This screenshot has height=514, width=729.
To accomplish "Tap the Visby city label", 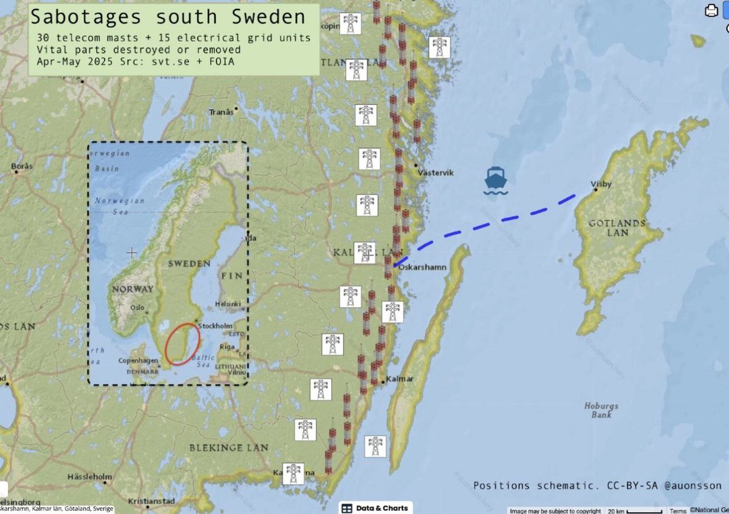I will point(601,184).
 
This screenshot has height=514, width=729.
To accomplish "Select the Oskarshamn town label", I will point(426,267).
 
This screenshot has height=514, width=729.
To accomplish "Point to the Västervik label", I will point(436,173).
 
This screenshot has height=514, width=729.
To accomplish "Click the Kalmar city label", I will point(400,379).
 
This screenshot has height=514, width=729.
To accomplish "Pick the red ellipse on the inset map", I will point(182,344).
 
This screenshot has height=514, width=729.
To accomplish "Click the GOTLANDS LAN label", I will point(617,228).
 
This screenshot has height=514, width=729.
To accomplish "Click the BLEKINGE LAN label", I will point(228,448).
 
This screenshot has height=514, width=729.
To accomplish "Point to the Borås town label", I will point(22,166).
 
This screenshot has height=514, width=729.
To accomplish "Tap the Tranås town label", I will point(221,112).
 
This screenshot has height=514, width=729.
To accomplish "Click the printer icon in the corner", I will point(711,10).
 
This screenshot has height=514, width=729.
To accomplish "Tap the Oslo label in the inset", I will point(137,308).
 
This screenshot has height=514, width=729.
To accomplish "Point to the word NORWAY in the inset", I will point(132,289).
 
